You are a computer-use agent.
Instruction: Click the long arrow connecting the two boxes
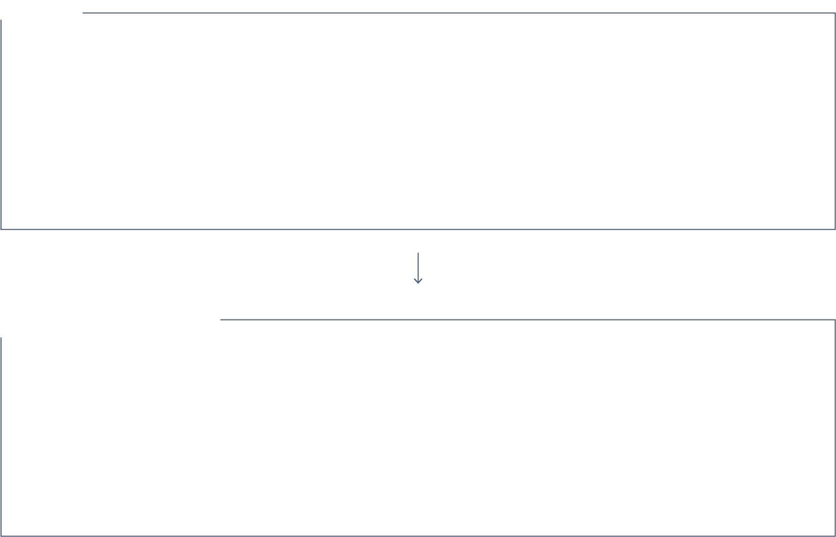click(418, 268)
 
